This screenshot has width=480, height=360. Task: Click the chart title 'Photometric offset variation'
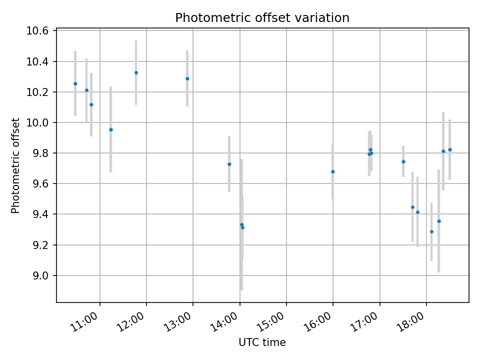click(262, 18)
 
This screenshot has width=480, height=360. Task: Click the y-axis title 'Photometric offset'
click(15, 165)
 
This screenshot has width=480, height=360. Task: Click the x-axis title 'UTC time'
click(262, 342)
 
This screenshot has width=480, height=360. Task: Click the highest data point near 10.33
click(136, 72)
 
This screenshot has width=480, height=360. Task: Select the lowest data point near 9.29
click(431, 231)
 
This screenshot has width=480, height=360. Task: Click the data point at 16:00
click(332, 171)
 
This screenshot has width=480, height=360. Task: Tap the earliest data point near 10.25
click(75, 83)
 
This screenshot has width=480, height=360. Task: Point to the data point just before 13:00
click(187, 78)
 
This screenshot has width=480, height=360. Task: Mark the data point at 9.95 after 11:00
click(111, 129)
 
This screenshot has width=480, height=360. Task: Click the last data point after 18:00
click(450, 149)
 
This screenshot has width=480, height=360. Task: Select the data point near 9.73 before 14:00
click(229, 164)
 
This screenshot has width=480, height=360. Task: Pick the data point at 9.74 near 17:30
click(403, 161)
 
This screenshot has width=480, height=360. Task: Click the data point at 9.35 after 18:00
click(439, 221)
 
